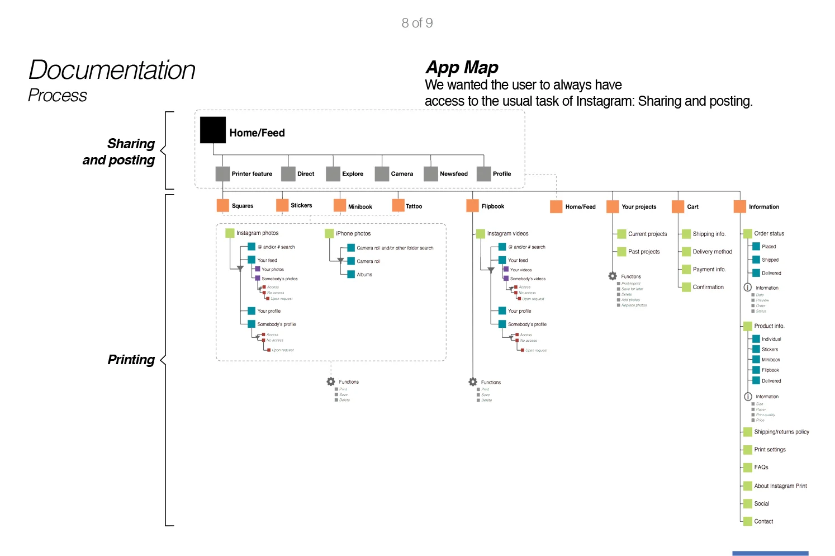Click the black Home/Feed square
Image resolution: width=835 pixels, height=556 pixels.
pos(213,130)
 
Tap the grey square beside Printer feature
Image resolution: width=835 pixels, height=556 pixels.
pos(222,173)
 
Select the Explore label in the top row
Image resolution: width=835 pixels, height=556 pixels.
pos(352,174)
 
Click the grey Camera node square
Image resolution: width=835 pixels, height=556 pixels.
pos(382,173)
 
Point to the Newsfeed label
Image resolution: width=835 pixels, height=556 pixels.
pos(453,174)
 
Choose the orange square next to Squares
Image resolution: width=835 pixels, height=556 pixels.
pos(223,205)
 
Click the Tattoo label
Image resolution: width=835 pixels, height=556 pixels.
pos(414,206)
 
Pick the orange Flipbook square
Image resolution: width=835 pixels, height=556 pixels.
pos(472,206)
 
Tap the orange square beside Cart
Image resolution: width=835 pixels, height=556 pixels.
pos(678,206)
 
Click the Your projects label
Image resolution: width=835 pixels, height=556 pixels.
pos(639,207)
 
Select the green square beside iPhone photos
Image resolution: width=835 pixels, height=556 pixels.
pos(329,233)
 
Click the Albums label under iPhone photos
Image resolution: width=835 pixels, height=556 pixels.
pos(364,275)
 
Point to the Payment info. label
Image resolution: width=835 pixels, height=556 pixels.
pos(709,270)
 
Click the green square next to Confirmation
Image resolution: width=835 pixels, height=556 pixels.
pos(686,287)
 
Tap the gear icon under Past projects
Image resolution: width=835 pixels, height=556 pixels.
pos(613,276)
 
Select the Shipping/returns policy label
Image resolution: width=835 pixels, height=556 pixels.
pos(781,432)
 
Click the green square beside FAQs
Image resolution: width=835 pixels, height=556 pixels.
pos(747,467)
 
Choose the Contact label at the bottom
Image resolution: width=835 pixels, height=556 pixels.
pos(763,521)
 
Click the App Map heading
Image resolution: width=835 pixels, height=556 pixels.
pos(462,68)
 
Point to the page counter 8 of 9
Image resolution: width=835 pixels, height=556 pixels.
pos(417,23)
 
